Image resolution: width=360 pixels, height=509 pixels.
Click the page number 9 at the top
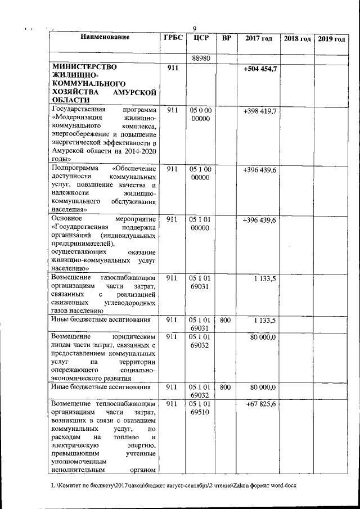(x=194, y=29)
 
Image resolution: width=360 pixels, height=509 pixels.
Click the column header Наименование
(x=105, y=38)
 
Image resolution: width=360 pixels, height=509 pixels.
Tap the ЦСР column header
(x=200, y=38)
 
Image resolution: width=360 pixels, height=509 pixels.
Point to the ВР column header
(x=226, y=38)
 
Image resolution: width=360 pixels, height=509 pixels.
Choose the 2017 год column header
(x=259, y=38)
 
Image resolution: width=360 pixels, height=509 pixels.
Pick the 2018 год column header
(x=297, y=38)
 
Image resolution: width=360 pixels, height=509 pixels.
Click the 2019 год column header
(x=331, y=38)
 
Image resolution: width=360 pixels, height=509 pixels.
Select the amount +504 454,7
(x=260, y=68)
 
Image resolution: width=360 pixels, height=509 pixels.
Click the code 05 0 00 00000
(x=200, y=115)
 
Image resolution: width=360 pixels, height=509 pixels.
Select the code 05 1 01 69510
(x=200, y=408)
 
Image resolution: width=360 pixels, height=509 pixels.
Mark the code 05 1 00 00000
(x=200, y=173)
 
